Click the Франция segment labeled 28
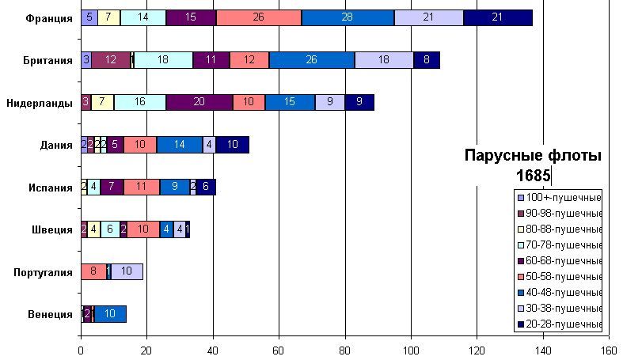click(x=348, y=17)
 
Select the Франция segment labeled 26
click(x=259, y=17)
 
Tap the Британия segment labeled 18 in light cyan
click(x=163, y=60)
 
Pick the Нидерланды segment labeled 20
click(x=199, y=102)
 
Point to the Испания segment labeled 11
click(x=142, y=187)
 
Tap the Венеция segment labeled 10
click(x=110, y=314)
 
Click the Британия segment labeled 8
click(x=427, y=60)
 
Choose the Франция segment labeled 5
click(x=89, y=17)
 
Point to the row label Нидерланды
click(x=40, y=102)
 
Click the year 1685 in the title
click(x=533, y=175)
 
